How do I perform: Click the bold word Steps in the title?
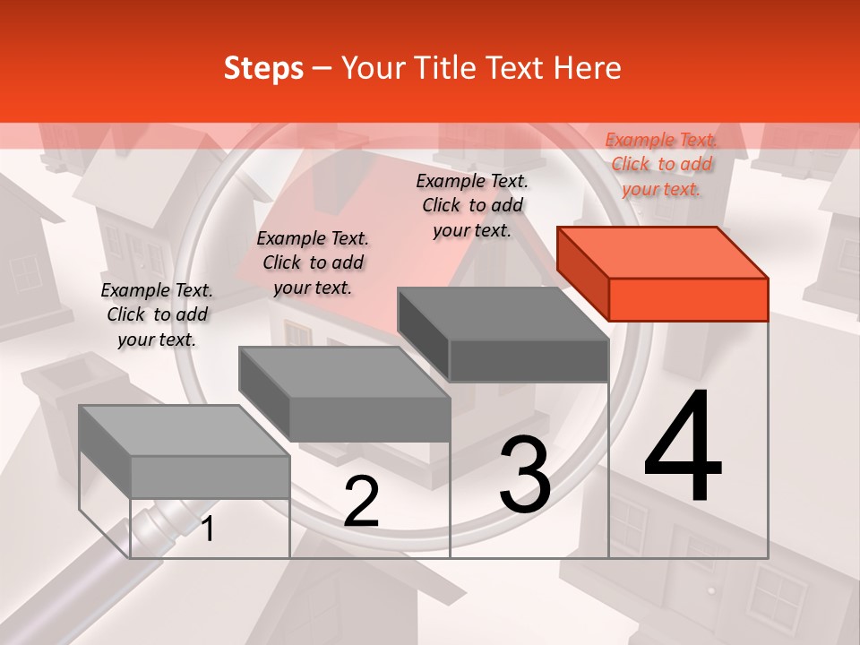263,68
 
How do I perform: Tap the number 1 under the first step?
207,529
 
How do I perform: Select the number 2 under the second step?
361,502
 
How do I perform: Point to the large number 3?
525,474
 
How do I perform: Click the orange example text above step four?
661,164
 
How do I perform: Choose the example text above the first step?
157,314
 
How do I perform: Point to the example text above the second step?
313,262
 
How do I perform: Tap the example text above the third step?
472,205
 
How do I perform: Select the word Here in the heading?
588,68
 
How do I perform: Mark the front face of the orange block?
688,299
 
